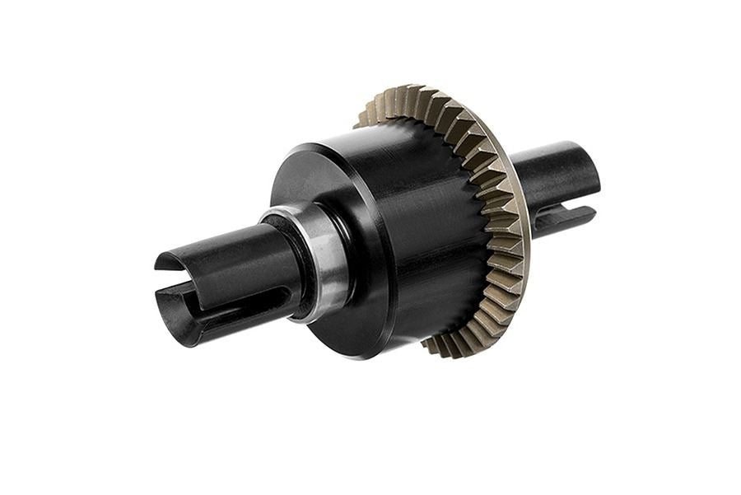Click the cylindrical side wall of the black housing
pyautogui.click(x=428, y=239)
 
